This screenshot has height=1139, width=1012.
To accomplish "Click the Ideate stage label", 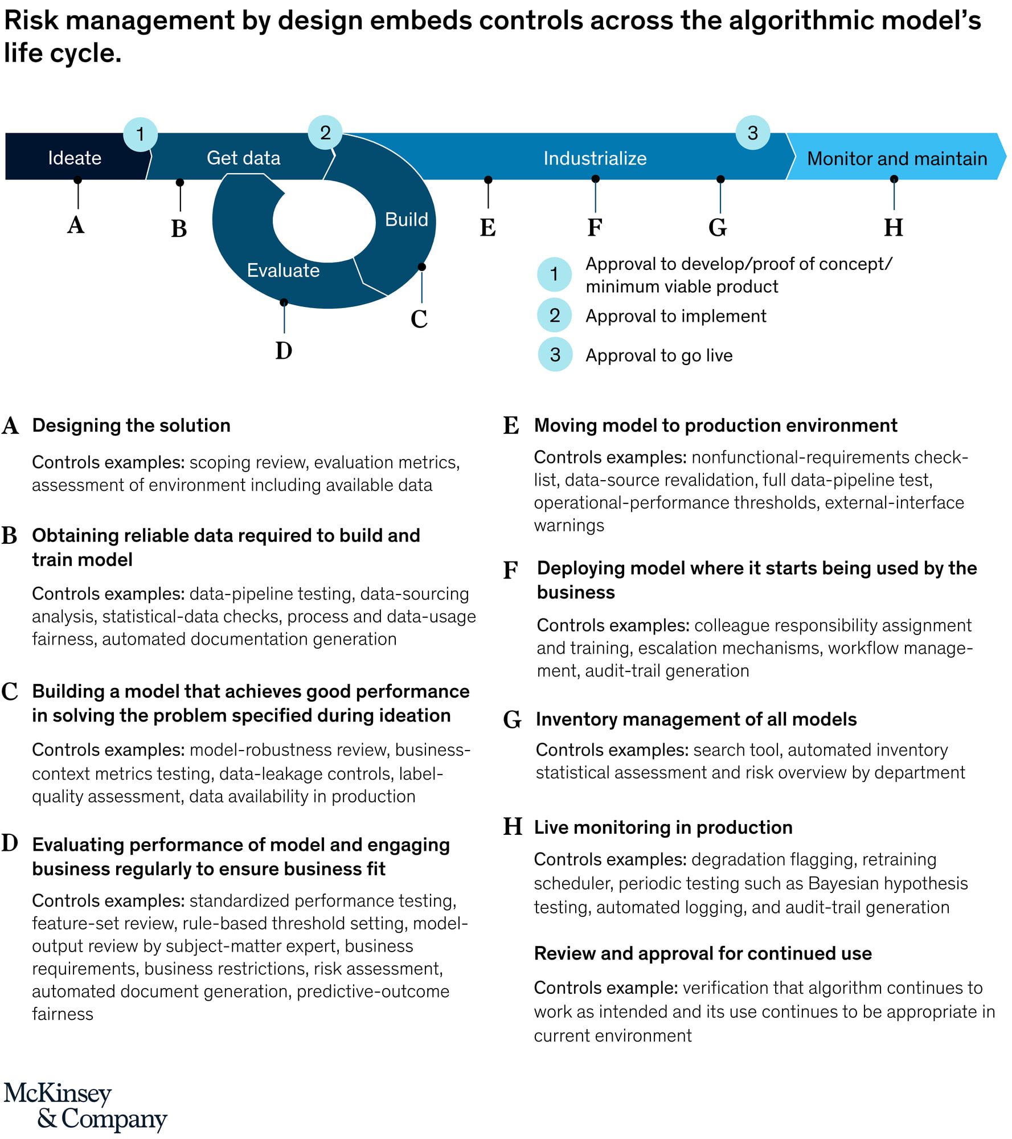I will (75, 158).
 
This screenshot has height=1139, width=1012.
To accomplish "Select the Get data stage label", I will (243, 158).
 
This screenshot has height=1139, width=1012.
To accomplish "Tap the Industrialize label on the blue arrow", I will (595, 158).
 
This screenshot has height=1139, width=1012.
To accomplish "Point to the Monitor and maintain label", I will (897, 158).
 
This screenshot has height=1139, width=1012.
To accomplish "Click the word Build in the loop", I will (406, 219).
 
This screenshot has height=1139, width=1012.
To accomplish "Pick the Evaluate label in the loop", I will (283, 270).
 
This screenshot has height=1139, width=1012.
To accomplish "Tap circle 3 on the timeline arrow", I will (752, 133).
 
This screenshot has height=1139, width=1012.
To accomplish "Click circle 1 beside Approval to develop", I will (554, 274).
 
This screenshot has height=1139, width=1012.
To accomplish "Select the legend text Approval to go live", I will (659, 355).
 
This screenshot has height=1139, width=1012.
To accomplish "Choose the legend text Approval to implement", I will (675, 316).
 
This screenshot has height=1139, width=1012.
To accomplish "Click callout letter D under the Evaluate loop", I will (284, 351).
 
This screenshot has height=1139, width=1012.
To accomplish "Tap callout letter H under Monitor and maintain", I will (893, 228).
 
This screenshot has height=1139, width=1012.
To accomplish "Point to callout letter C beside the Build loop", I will (419, 319).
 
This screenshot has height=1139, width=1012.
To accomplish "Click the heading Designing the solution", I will (131, 425).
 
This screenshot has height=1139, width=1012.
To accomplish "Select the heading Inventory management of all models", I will (696, 719).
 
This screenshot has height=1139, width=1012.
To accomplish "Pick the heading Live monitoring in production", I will (663, 827).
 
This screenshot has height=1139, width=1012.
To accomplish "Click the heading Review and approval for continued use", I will (703, 953).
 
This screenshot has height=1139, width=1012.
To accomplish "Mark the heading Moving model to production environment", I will (715, 425).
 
